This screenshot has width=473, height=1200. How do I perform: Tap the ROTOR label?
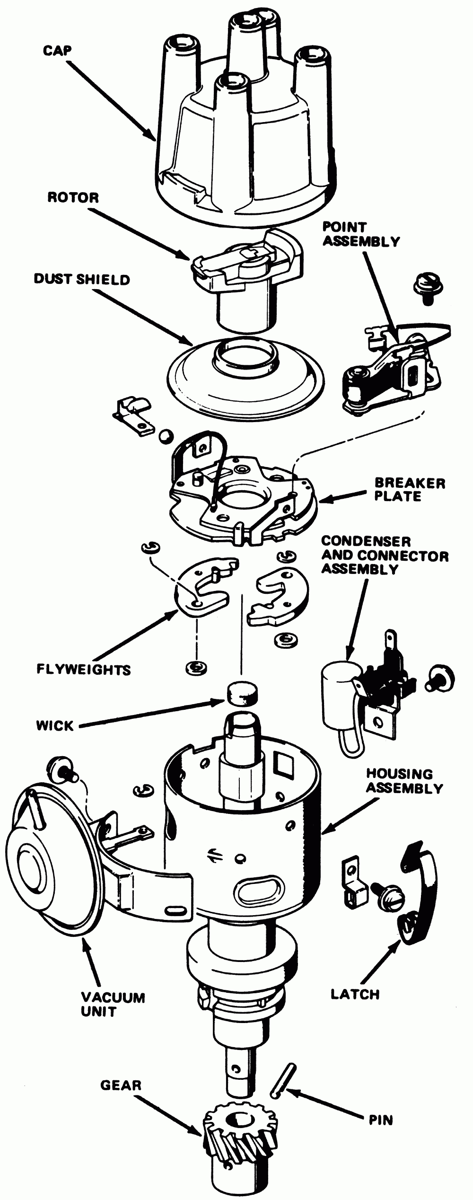73,197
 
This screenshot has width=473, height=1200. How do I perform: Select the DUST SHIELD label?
82,279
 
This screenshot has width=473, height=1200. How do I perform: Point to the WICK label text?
55,725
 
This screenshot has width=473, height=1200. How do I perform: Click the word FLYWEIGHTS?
84,670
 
